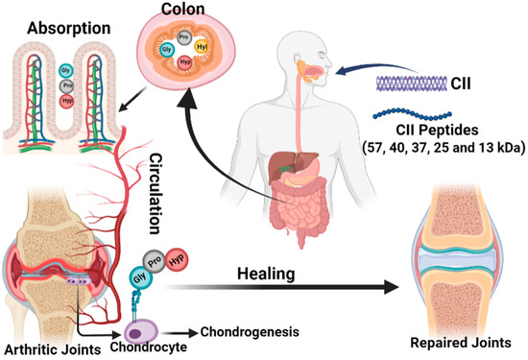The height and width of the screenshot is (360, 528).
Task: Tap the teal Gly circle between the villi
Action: [x=65, y=70]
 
